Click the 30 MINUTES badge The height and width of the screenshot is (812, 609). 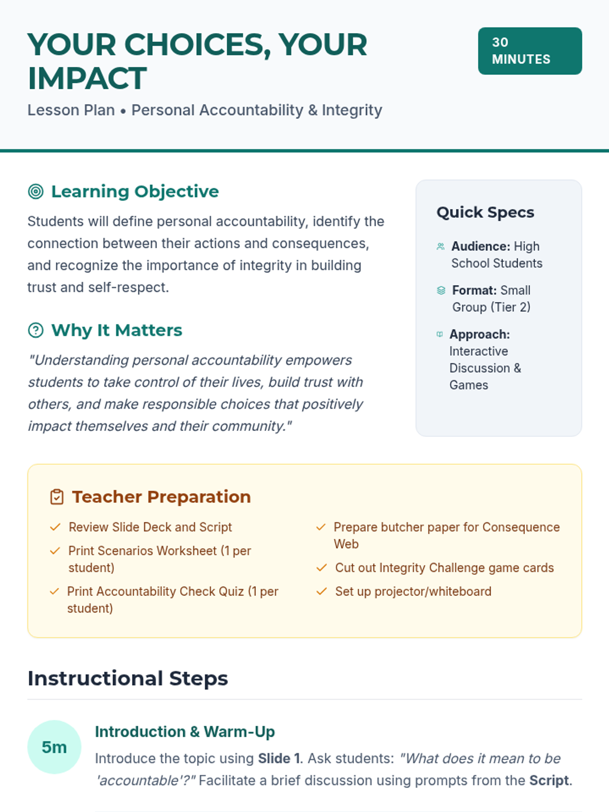click(x=529, y=51)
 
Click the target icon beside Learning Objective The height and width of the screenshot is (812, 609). click(x=36, y=191)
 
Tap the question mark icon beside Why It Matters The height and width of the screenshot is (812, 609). click(x=36, y=330)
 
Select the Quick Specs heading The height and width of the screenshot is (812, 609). click(x=485, y=212)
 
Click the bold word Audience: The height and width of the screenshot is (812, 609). click(x=481, y=246)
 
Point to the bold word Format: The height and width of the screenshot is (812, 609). click(x=475, y=290)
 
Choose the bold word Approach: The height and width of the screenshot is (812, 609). click(x=480, y=334)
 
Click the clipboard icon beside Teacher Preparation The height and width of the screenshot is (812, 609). click(x=57, y=497)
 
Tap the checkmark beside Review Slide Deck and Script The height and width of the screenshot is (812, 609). click(x=55, y=527)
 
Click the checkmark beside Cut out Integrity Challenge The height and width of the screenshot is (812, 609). click(x=321, y=568)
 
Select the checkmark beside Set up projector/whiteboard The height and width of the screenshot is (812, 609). click(x=321, y=592)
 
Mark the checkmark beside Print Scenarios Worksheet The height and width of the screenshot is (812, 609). click(x=55, y=551)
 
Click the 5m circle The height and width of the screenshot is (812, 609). click(x=54, y=747)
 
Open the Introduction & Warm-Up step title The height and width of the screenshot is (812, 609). click(x=185, y=732)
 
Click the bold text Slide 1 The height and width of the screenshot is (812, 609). click(x=279, y=759)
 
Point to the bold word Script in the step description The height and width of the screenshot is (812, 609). click(x=549, y=781)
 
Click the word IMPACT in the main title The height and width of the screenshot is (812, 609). click(x=87, y=79)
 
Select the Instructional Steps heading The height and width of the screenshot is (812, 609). click(x=128, y=679)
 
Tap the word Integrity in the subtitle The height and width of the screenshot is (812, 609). click(x=352, y=110)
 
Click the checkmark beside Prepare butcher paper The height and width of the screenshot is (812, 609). click(x=321, y=527)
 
